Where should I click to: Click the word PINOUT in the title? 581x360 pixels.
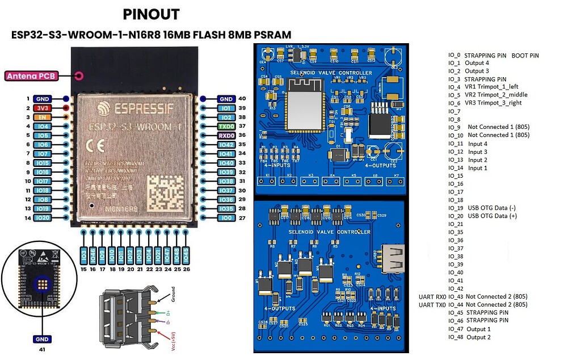[x=151, y=15]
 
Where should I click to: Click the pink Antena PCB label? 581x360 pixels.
[x=38, y=76]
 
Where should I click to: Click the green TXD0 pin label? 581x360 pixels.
[x=226, y=126]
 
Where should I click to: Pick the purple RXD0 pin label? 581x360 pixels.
[x=226, y=135]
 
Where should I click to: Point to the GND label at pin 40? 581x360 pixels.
[x=226, y=99]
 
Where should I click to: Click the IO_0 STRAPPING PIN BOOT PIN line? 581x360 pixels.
[x=493, y=56]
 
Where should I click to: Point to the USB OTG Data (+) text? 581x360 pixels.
[x=492, y=216]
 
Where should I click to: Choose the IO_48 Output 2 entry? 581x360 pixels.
[x=469, y=337]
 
